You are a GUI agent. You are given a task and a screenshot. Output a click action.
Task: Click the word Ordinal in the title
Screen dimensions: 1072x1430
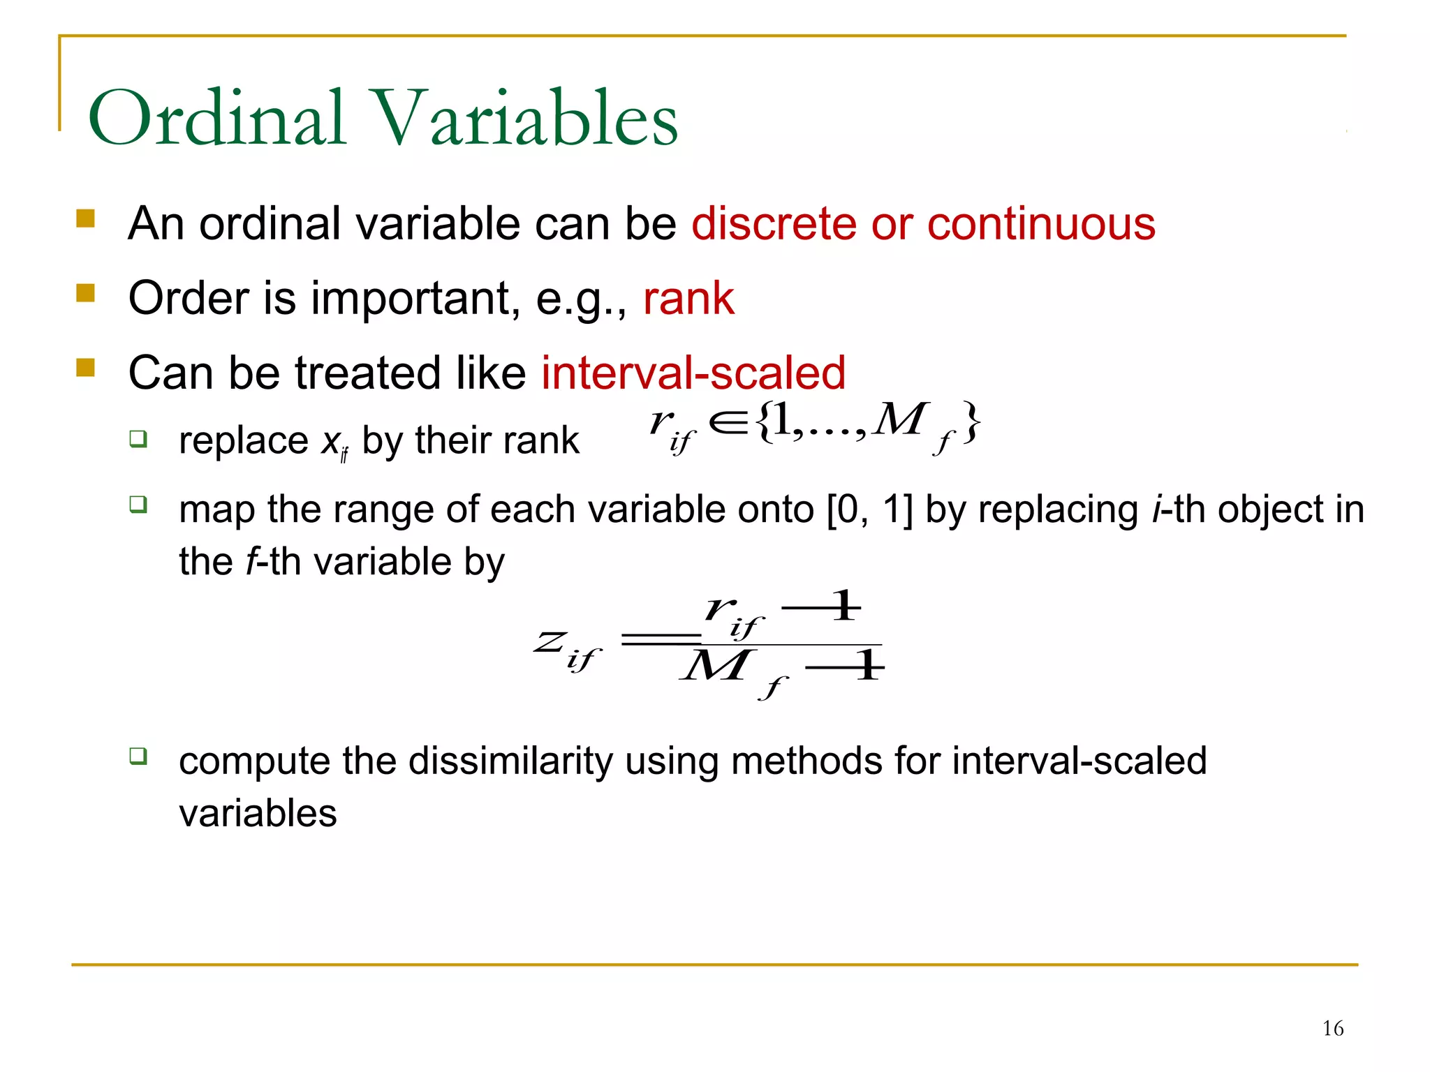tap(217, 119)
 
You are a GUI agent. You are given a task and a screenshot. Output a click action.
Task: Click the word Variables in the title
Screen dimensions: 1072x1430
tap(527, 119)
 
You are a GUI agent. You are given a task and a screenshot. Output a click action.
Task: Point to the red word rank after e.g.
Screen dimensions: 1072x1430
tap(688, 299)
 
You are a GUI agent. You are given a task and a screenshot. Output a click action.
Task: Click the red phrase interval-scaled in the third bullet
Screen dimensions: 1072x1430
tap(693, 373)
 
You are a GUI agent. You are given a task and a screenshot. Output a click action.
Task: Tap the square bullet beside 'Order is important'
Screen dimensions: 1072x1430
tap(86, 292)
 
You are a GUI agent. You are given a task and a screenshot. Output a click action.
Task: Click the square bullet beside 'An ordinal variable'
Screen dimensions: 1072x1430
tap(86, 218)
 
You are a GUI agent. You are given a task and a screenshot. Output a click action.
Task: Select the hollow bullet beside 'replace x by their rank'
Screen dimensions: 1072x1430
tap(138, 439)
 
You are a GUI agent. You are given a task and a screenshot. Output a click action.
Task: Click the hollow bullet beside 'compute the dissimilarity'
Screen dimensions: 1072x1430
tap(138, 756)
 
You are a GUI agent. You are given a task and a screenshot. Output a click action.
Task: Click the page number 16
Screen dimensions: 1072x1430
tap(1332, 1028)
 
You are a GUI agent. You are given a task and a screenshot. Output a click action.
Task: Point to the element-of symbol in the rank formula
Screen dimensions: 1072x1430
tap(728, 423)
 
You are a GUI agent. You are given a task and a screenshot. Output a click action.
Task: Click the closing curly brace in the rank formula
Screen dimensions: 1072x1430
tap(971, 423)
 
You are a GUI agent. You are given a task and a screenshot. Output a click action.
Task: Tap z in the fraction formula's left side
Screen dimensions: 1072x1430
tap(551, 641)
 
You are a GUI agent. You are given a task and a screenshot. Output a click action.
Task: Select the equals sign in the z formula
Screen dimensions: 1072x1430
tap(660, 639)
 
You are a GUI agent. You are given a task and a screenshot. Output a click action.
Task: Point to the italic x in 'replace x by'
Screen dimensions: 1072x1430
tap(330, 442)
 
